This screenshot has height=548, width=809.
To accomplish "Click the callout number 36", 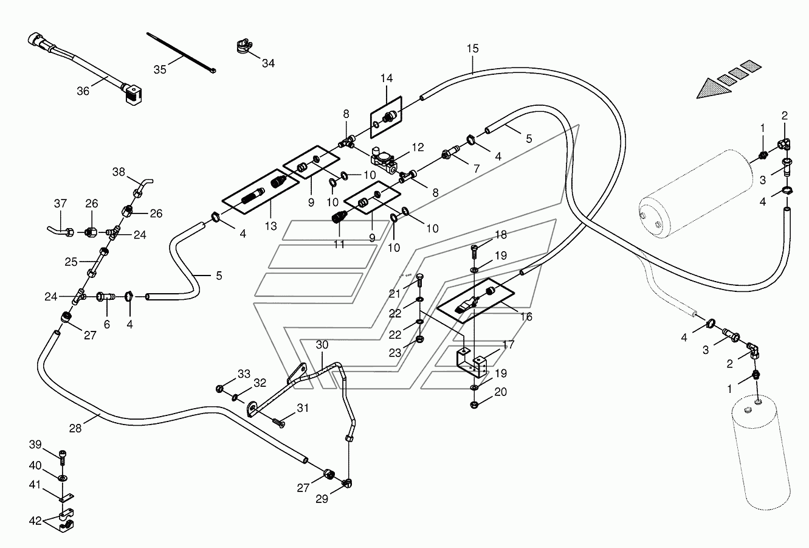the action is coord(83,91).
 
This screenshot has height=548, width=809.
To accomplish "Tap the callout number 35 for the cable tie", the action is coord(160,69).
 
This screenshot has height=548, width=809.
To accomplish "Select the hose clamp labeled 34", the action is coord(244,46).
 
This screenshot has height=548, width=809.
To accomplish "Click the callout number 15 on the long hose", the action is coord(472,49).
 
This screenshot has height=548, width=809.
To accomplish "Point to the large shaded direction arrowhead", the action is coord(714,89).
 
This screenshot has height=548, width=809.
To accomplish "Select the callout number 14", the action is coord(387,78).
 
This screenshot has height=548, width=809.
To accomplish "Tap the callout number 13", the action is coord(270,226).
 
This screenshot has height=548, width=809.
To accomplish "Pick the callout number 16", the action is coord(526,317).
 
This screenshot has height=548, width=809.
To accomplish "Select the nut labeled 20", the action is coord(475,405).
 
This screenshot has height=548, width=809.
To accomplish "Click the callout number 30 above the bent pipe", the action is coord(322,345).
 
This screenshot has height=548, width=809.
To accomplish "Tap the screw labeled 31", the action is coord(279,422).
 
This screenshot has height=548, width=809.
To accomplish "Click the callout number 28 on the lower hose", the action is coord(75,428).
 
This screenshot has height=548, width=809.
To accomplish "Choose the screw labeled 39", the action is coord(63,457).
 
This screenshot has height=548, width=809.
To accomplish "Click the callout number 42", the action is coord(35,521).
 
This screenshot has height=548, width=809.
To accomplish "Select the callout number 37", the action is coord(60,204).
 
